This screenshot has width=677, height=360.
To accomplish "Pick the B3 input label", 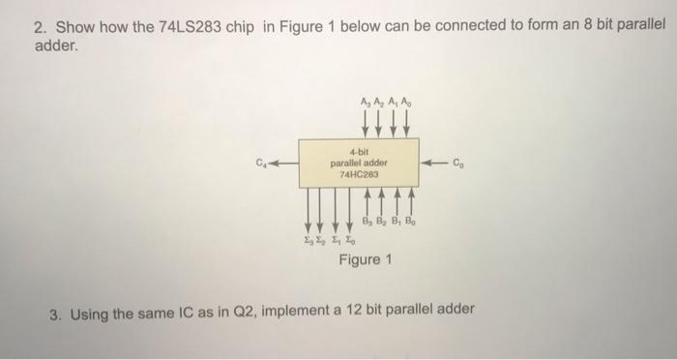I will (367, 221).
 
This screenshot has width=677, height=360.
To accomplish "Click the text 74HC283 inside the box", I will (358, 175).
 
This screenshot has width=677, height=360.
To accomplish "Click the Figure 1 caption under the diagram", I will (366, 260).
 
